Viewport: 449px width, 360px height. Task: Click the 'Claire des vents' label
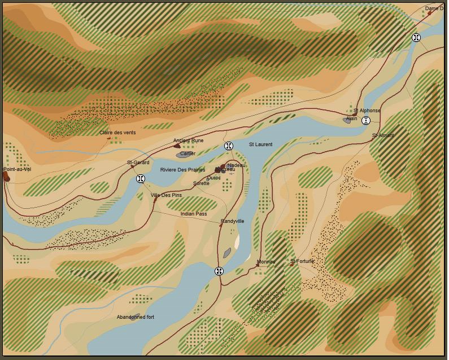click(117, 133)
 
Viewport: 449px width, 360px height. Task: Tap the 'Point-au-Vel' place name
click(17, 169)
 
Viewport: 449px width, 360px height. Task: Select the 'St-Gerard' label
click(138, 163)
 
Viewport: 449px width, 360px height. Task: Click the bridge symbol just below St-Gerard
click(141, 179)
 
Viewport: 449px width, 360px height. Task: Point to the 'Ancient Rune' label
click(188, 141)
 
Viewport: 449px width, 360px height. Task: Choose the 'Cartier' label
click(188, 153)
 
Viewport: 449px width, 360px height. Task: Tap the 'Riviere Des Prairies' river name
click(182, 170)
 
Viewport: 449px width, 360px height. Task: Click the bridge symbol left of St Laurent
click(229, 146)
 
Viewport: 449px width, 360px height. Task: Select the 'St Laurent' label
click(260, 144)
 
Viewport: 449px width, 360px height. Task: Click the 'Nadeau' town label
click(237, 165)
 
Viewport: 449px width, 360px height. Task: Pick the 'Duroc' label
click(214, 178)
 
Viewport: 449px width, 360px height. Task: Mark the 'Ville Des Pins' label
click(166, 195)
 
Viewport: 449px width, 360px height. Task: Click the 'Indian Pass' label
click(194, 214)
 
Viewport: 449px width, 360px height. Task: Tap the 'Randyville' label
click(232, 221)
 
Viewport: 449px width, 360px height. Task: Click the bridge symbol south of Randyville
click(219, 271)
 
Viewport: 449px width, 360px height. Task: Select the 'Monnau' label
click(265, 262)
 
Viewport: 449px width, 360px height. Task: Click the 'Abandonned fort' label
click(136, 317)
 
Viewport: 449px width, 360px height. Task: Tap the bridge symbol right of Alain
click(366, 120)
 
